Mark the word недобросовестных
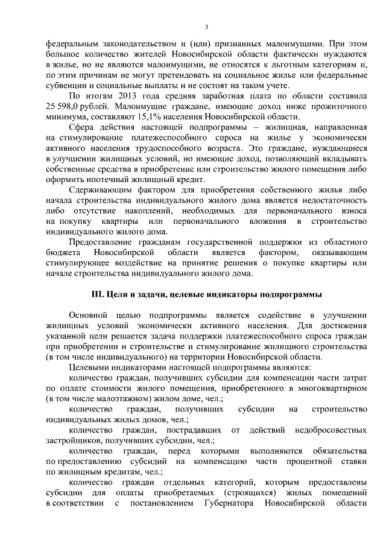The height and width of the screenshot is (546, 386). point(332,430)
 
